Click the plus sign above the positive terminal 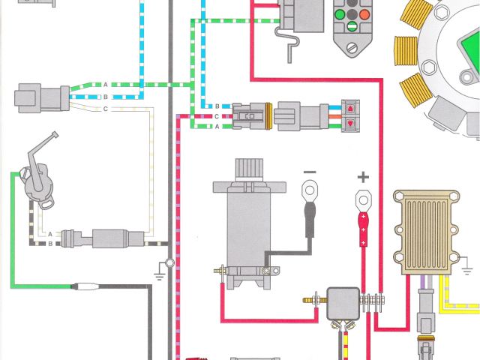point(363,178)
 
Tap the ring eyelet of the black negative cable point(309,193)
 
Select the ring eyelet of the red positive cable point(363,200)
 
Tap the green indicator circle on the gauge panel point(340,13)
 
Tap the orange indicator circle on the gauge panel point(364,13)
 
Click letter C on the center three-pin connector point(216,117)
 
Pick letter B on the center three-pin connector point(216,106)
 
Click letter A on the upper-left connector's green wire point(106,83)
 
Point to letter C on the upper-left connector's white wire point(106,109)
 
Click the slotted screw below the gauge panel point(352,46)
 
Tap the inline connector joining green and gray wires point(82,286)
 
